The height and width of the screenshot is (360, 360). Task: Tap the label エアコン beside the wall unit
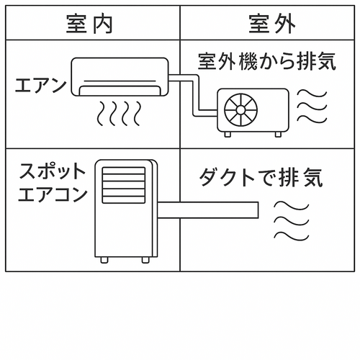pyautogui.click(x=40, y=86)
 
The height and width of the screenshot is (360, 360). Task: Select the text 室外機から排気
pyautogui.click(x=267, y=60)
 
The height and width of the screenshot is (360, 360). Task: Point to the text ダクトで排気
pyautogui.click(x=260, y=177)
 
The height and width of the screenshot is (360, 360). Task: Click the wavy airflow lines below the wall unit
pyautogui.click(x=119, y=114)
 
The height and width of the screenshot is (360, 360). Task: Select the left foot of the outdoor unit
pyautogui.click(x=228, y=134)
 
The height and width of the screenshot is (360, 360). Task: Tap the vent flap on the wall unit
pyautogui.click(x=119, y=90)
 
